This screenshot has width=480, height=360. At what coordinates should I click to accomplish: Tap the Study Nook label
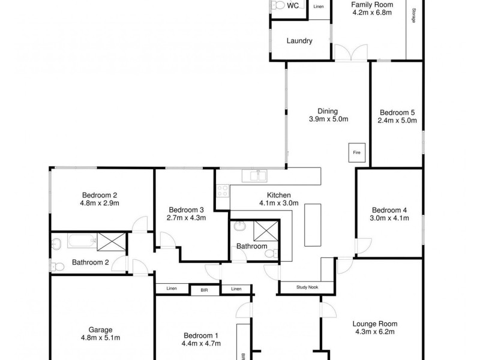pyautogui.click(x=308, y=287)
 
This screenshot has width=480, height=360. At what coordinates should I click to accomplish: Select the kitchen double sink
pyautogui.click(x=255, y=176)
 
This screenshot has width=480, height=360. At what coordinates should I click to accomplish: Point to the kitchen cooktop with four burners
pyautogui.click(x=223, y=191)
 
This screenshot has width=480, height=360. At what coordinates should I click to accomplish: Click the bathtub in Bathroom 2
pyautogui.click(x=81, y=242)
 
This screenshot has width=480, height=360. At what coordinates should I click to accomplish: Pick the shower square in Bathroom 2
pyautogui.click(x=111, y=242)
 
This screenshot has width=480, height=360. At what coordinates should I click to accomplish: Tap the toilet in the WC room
pyautogui.click(x=278, y=5)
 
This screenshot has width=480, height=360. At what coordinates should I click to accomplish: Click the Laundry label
pyautogui.click(x=300, y=41)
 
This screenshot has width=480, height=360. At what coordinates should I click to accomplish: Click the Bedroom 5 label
pyautogui.click(x=397, y=112)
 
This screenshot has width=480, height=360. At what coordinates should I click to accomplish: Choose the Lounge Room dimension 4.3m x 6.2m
pyautogui.click(x=375, y=332)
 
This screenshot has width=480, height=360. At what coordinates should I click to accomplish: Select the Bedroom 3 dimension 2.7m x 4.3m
pyautogui.click(x=187, y=218)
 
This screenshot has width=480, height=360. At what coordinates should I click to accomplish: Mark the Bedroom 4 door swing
pyautogui.click(x=362, y=246)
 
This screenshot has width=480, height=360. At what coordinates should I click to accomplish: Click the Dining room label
pyautogui.click(x=328, y=111)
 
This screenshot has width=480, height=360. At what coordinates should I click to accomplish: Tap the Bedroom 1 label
pyautogui.click(x=200, y=335)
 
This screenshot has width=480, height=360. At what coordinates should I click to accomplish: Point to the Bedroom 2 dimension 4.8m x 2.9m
pyautogui.click(x=99, y=203)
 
